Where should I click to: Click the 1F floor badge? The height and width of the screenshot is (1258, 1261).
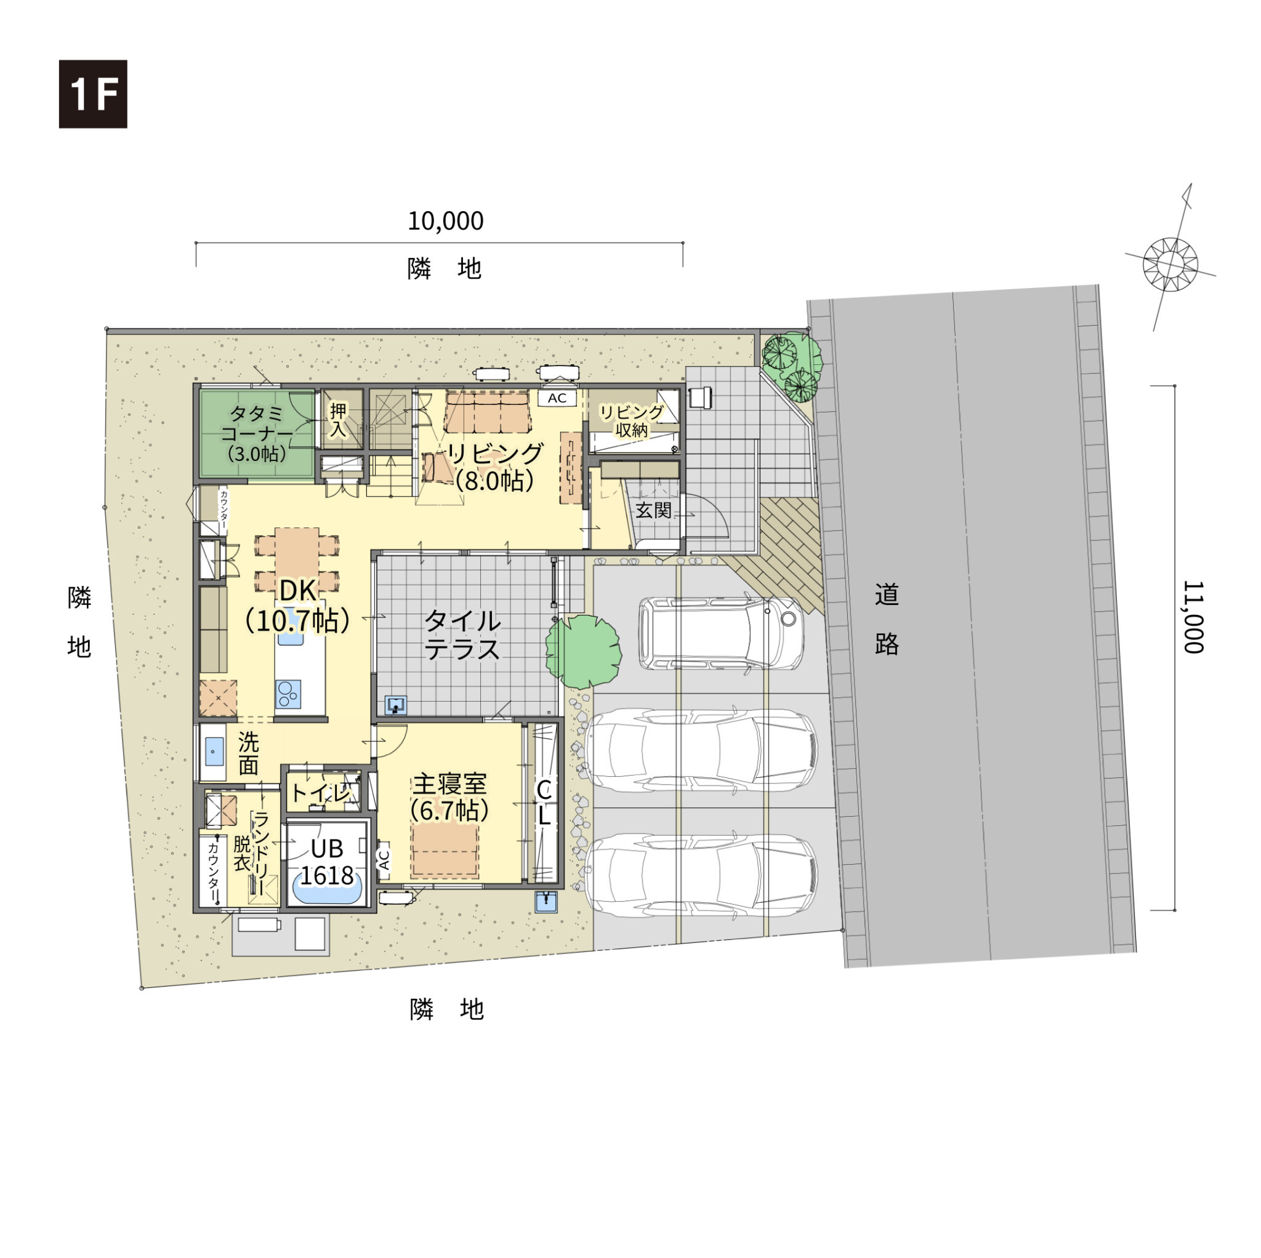94,94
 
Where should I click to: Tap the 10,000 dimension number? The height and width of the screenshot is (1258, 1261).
446,221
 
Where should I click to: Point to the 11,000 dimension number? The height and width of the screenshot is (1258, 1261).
1193,617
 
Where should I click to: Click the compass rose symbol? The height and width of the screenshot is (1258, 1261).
1171,263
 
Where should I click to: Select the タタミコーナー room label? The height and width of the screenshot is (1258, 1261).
257,433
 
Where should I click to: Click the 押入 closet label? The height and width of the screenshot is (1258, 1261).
338,420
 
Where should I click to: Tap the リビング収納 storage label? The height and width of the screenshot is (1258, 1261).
632,421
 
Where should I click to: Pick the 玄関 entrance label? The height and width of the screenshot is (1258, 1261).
653,510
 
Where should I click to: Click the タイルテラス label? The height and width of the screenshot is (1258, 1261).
463,636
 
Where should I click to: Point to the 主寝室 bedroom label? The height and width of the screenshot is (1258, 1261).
449,783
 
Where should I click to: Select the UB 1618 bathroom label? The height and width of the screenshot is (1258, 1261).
326,862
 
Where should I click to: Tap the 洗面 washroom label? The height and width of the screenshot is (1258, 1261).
248,753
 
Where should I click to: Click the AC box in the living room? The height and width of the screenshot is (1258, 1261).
557,398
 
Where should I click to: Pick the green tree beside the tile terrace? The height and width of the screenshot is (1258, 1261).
583,651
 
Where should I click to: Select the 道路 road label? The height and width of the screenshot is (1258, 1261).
887,619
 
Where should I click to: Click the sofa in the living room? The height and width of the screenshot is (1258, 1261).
487,412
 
